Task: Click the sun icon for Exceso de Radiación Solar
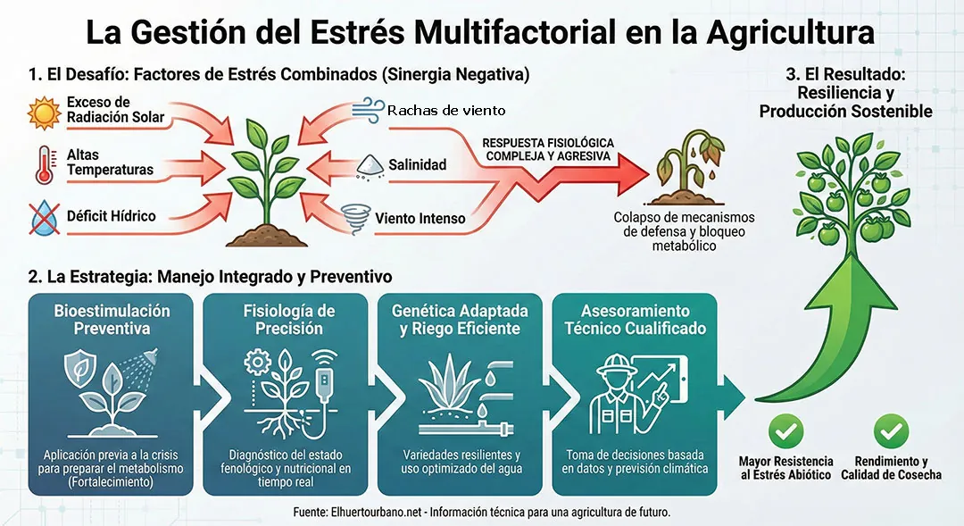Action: point(44,113)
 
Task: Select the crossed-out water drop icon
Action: point(44,217)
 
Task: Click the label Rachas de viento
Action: point(446,111)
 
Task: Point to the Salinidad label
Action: point(417,165)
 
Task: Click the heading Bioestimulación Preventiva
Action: point(112,320)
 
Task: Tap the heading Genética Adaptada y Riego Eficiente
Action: point(460,320)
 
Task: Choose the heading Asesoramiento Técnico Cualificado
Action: point(635,320)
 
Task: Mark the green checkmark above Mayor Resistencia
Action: point(785,432)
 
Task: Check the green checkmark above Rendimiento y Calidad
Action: point(890,432)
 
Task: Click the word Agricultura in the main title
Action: point(790,33)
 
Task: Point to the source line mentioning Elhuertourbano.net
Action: point(481,513)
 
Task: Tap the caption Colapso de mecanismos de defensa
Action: point(685,231)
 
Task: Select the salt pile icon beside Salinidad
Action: point(369,164)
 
